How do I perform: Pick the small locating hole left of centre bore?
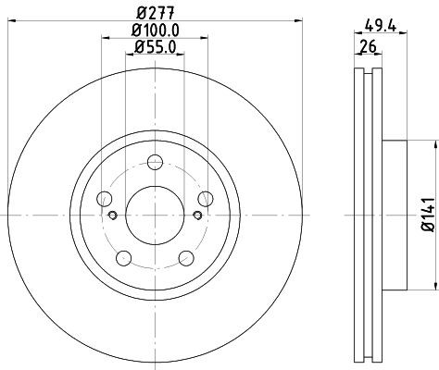111,216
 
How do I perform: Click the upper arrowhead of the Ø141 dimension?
433,146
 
